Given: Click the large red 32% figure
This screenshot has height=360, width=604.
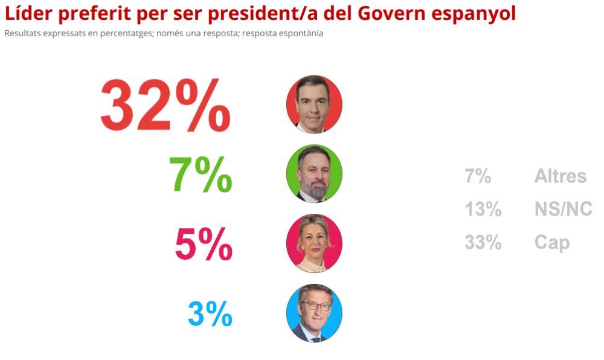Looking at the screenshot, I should point(165,106).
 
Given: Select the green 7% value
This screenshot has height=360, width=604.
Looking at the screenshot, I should point(200,175).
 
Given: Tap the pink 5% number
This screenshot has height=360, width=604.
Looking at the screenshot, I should point(204,244).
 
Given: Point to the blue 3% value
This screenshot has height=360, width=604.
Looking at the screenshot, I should point(210,313).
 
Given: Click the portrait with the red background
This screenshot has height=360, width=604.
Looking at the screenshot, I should point(314,104).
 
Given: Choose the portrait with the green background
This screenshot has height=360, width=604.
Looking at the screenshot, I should point(314,174).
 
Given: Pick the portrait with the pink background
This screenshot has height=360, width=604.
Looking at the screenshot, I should point(314,243).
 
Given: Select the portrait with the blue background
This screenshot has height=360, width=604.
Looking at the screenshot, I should point(314,313).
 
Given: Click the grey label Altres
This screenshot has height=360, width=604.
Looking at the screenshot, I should point(560,176).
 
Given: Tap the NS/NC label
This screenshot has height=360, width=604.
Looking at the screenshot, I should point(563,209).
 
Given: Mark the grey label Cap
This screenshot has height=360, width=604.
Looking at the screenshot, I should point(551,242).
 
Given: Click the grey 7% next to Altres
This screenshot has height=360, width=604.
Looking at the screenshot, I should point(477,176).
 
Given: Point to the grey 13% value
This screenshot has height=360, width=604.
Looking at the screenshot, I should point(483,209).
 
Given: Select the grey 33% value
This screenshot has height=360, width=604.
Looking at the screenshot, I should point(483,242).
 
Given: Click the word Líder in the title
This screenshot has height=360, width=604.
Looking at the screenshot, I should point(28,13).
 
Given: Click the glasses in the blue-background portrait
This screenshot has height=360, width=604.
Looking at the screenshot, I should point(315,306).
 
